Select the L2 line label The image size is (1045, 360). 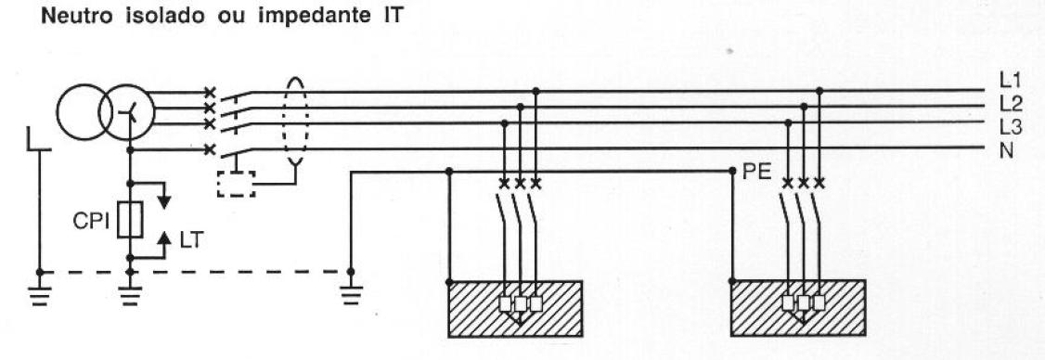tap(1008, 102)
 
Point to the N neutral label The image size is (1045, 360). tap(1006, 148)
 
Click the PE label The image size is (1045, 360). tap(754, 174)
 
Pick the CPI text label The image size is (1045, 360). tap(93, 224)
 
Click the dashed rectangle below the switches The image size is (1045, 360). tap(237, 184)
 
